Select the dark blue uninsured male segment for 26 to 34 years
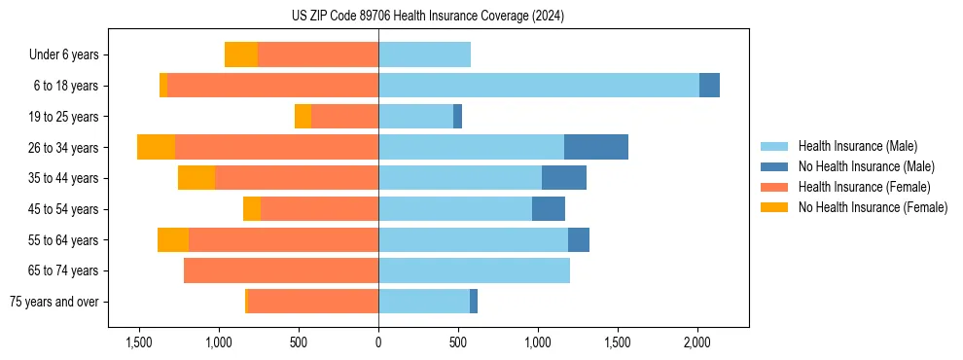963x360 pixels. pyautogui.click(x=595, y=147)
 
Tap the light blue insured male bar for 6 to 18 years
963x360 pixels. pyautogui.click(x=538, y=86)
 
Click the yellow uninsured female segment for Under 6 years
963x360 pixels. pyautogui.click(x=240, y=54)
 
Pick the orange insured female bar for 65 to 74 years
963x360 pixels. pyautogui.click(x=280, y=270)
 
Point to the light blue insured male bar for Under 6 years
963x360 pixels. pyautogui.click(x=424, y=54)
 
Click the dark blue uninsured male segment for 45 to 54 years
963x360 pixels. pyautogui.click(x=548, y=209)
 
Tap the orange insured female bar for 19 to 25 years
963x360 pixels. pyautogui.click(x=344, y=117)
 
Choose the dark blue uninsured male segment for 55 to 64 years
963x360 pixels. pyautogui.click(x=578, y=239)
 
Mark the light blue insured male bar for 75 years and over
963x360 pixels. pyautogui.click(x=423, y=302)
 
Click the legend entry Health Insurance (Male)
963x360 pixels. pyautogui.click(x=857, y=146)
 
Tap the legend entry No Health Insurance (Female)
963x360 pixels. pyautogui.click(x=873, y=207)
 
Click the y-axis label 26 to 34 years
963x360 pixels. pyautogui.click(x=63, y=148)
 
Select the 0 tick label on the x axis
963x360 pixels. pyautogui.click(x=378, y=343)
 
